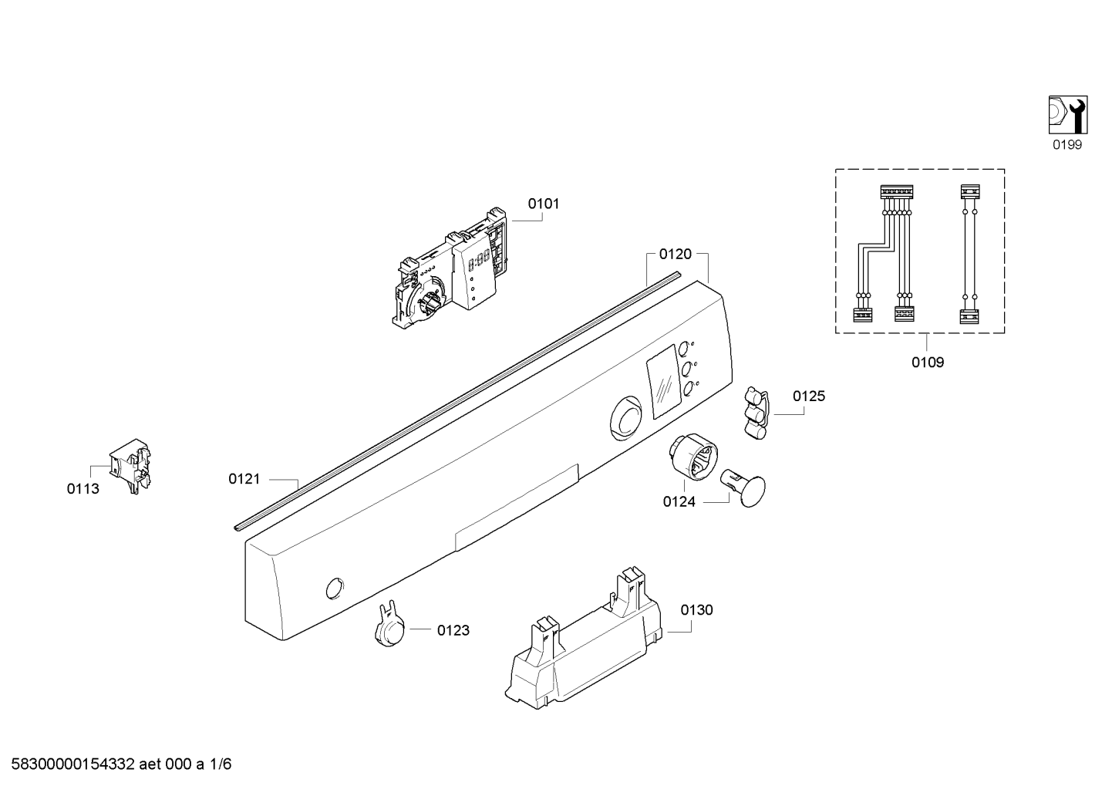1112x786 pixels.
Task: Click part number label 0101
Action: click(543, 204)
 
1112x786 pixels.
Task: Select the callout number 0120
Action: click(676, 255)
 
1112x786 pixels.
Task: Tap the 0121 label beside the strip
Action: click(244, 479)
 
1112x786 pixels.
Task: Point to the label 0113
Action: click(83, 489)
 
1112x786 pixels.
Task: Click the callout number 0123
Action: click(453, 630)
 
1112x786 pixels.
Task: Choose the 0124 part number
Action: click(679, 502)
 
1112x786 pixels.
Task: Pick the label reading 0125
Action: click(809, 396)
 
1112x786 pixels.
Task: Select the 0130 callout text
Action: click(696, 609)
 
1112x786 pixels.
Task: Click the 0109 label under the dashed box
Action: click(928, 363)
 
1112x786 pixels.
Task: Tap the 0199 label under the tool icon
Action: click(1067, 145)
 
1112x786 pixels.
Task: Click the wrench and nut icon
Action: click(1068, 115)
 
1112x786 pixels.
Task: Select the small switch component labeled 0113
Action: click(130, 466)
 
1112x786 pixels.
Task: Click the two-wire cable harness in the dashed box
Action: click(969, 254)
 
